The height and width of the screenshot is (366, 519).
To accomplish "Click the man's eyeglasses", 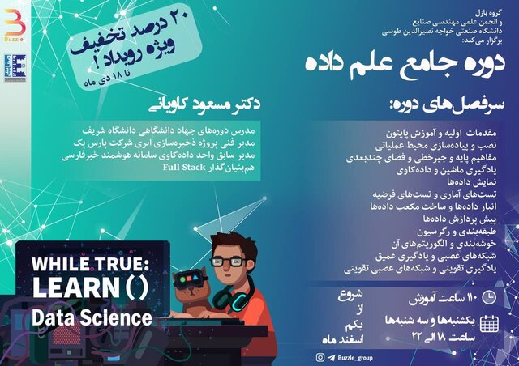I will point(231,261).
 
